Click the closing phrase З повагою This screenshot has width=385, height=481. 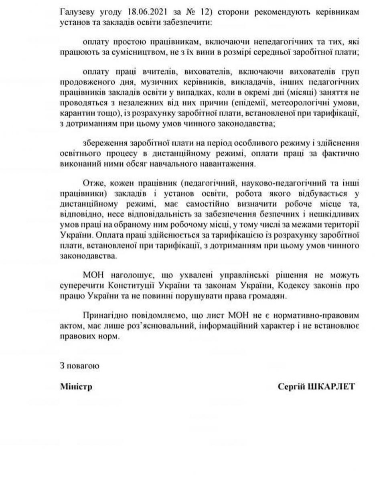click(78, 366)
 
